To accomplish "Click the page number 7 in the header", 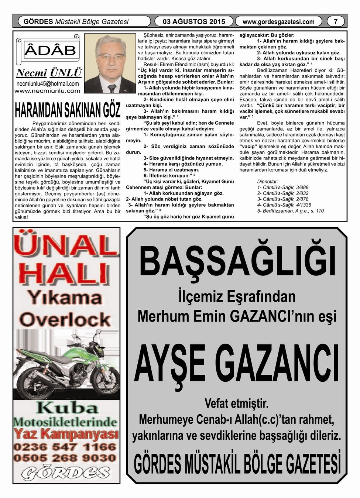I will tap(335, 21).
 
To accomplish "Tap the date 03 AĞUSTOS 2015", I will tap(194, 21).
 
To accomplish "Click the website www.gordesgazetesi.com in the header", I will tap(278, 22).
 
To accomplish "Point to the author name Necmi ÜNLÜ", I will tap(49, 73).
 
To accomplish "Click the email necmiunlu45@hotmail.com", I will tap(48, 84).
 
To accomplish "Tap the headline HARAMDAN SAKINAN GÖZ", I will tap(68, 109).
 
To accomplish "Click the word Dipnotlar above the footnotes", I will tap(267, 182).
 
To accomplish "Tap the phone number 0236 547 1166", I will tap(65, 447).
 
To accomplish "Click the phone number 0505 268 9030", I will tap(65, 458).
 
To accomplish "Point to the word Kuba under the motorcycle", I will tap(67, 408).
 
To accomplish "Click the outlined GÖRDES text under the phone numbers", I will tap(65, 473).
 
